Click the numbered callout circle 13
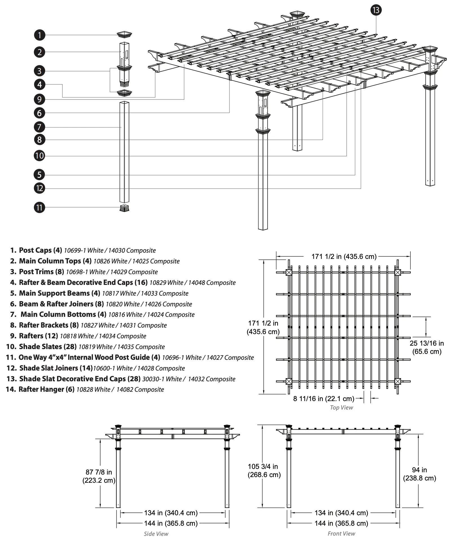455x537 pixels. pos(376,10)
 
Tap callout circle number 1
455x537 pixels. pos(40,35)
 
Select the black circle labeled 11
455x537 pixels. pos(40,207)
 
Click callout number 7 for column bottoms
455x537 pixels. pos(40,127)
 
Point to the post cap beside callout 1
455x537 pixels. pos(124,34)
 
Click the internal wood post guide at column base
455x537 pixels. pos(124,208)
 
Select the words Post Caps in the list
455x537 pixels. pos(35,250)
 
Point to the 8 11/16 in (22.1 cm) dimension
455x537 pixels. pos(323,399)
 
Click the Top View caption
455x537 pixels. pos(341,408)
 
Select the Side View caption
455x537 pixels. pos(156,533)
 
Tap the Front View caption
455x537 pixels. pos(341,533)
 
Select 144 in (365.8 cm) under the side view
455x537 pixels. pos(171,523)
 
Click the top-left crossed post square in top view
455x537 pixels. pos(289,272)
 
